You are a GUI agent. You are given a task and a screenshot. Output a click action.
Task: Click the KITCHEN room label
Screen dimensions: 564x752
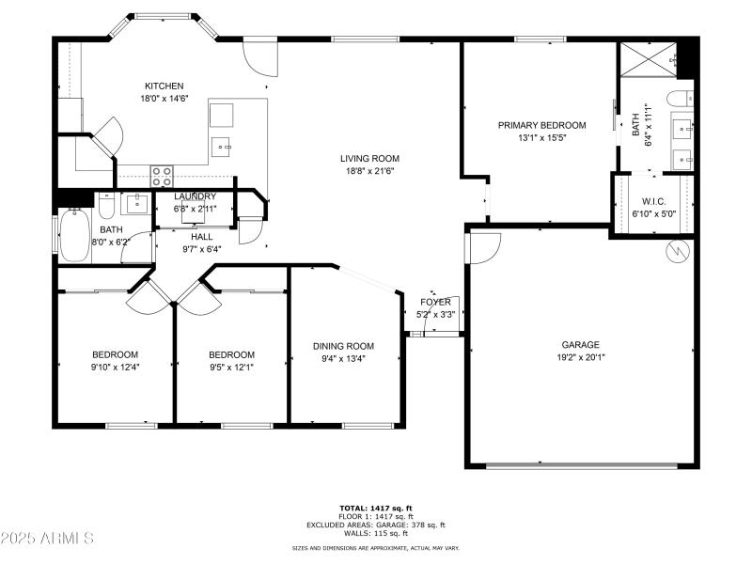[164, 86]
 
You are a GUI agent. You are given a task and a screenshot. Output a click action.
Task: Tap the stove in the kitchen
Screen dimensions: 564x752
[162, 176]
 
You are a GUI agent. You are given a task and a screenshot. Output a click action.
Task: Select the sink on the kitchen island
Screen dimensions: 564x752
[221, 146]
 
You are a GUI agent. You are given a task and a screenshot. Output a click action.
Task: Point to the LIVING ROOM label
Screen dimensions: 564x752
[369, 158]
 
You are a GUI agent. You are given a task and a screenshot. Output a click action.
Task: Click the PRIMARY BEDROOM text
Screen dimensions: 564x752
[541, 125]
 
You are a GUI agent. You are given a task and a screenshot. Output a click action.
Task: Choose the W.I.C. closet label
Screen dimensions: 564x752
[653, 201]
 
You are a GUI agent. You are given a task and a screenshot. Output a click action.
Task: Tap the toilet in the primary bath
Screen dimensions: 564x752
[677, 100]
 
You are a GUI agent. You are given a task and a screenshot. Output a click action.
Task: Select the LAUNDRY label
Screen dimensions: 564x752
[195, 196]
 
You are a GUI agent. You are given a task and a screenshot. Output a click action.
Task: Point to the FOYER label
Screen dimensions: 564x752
[434, 302]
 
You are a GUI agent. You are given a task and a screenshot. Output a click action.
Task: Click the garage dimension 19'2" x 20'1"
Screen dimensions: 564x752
[580, 357]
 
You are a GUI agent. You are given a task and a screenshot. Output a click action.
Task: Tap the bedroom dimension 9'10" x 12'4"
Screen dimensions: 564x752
[115, 367]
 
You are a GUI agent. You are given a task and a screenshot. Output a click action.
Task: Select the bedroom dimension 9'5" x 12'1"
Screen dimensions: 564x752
[231, 367]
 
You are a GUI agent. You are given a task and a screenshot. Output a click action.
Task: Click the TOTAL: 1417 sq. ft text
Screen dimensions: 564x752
[375, 508]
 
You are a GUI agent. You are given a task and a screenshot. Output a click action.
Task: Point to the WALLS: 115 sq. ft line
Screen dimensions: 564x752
[375, 533]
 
